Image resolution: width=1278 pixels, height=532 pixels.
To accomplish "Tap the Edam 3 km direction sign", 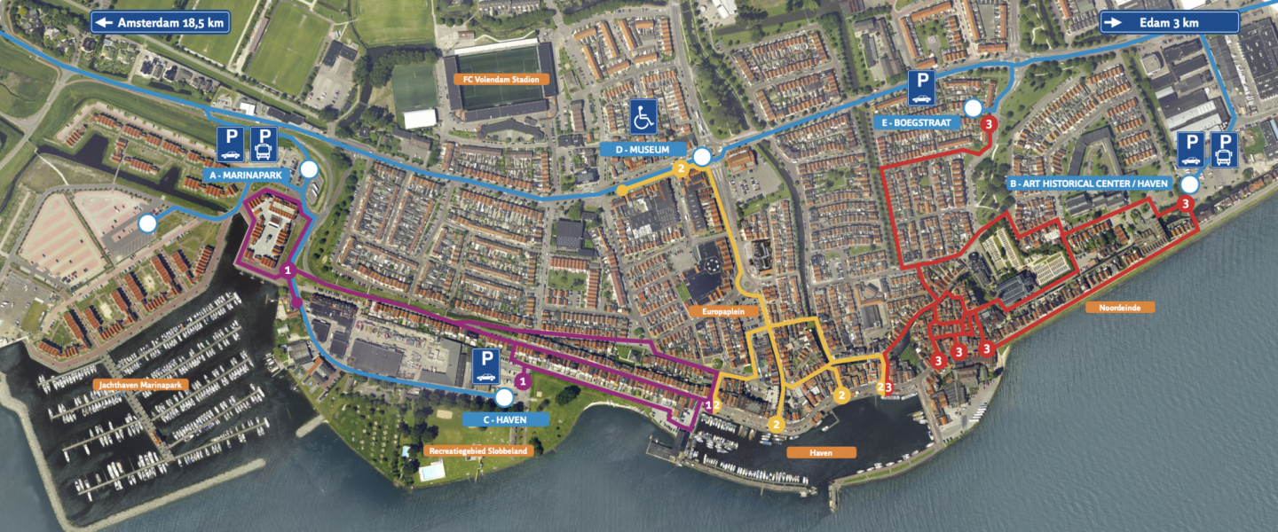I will (x=1169, y=22).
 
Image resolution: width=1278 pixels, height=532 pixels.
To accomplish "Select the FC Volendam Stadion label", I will (x=501, y=79).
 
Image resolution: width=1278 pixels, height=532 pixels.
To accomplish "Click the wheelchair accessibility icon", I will (x=643, y=116).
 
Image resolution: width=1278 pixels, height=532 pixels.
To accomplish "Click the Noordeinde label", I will (x=1120, y=307).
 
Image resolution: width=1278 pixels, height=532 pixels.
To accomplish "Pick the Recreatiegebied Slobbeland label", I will (x=478, y=450).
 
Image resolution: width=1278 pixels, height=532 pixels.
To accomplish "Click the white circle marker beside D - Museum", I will (x=702, y=157).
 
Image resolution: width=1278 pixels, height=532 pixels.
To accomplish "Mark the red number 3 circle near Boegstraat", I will (x=989, y=124).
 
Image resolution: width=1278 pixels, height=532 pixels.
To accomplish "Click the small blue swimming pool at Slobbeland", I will (x=430, y=472).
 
